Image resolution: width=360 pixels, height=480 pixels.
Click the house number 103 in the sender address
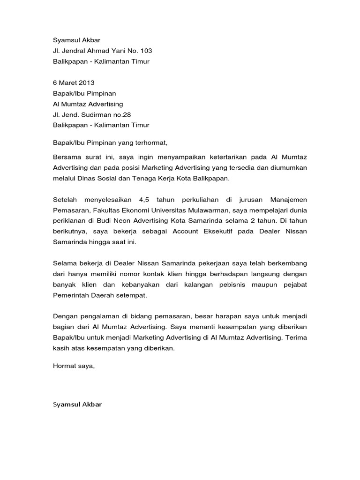coord(146,51)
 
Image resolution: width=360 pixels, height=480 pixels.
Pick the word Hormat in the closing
coord(64,367)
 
